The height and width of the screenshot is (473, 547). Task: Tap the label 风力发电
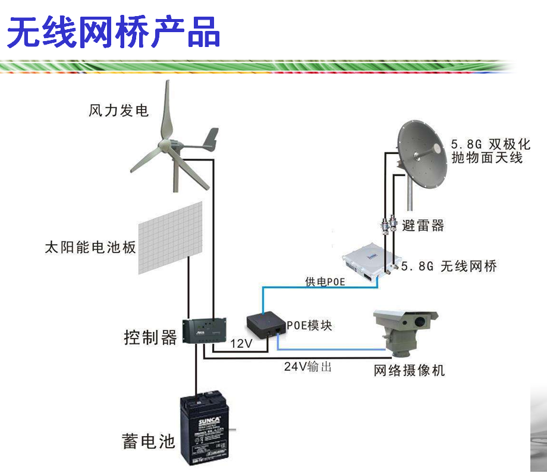(118, 111)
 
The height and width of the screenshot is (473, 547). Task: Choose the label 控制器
(150, 337)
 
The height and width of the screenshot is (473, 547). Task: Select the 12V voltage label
(241, 343)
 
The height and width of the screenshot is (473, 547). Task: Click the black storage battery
(205, 426)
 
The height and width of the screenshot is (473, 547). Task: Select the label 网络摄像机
(409, 371)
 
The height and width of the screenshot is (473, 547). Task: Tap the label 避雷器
(423, 225)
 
